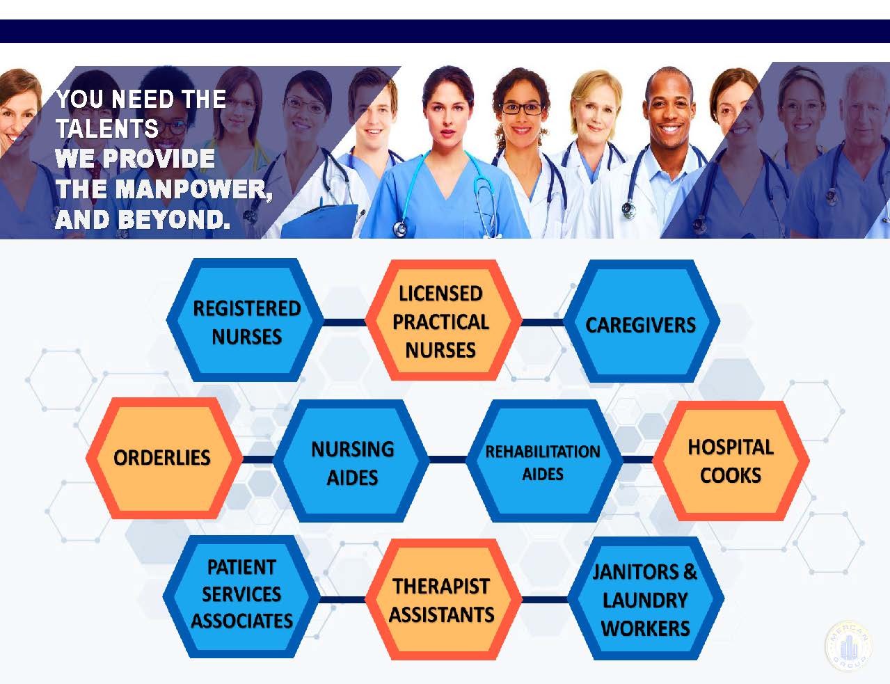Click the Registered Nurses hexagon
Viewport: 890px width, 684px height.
tap(245, 320)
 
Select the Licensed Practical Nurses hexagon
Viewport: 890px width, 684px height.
tap(443, 320)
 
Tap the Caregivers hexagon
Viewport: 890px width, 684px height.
tap(642, 321)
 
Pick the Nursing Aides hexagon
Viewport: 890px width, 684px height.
tap(351, 461)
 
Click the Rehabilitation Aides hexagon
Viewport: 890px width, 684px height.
tap(545, 461)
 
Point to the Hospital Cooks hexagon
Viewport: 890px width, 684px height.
tap(731, 461)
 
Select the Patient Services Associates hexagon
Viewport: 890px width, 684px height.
tap(241, 597)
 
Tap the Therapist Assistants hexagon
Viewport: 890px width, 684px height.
tap(443, 599)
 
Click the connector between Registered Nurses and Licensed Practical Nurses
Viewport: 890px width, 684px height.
tap(344, 322)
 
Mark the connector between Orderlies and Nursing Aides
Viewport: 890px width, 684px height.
tap(258, 459)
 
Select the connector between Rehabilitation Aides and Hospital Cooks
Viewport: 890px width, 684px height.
tap(637, 459)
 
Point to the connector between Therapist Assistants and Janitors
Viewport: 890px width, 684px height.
tap(545, 600)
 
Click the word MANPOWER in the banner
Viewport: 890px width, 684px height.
tap(193, 189)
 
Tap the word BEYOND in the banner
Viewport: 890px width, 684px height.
tap(176, 219)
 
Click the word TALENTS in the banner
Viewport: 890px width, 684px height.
tap(107, 128)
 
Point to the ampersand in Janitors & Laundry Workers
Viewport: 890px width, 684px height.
tap(690, 571)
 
